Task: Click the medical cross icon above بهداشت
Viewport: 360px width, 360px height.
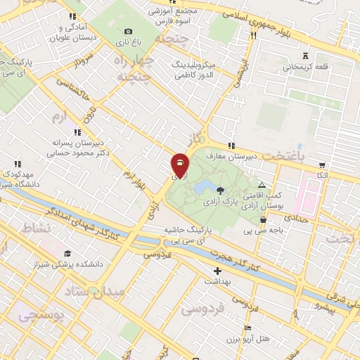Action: pyautogui.click(x=217, y=271)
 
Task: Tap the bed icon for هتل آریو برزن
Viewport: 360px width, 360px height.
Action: pyautogui.click(x=246, y=328)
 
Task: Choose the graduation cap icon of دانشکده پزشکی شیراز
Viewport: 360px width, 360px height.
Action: pyautogui.click(x=67, y=253)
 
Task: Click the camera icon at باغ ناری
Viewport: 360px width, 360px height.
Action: pyautogui.click(x=128, y=31)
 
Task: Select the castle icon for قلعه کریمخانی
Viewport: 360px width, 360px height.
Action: pyautogui.click(x=304, y=55)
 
